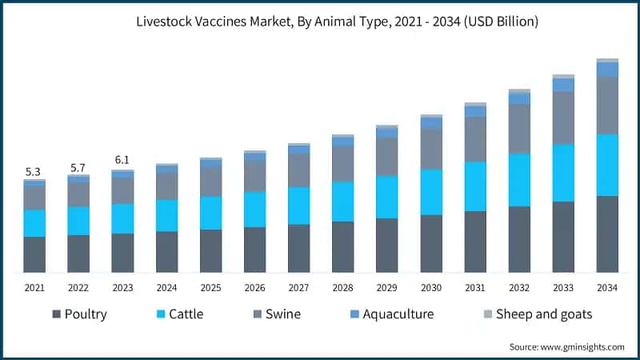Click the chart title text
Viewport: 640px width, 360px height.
coord(320,22)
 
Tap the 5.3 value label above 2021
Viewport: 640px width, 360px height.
coord(34,171)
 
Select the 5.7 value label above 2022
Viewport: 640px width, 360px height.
coord(78,167)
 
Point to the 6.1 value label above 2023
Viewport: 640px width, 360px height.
coord(122,160)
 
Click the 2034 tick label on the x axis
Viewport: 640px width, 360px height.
coord(607,287)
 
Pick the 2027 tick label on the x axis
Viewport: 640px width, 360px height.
coord(298,287)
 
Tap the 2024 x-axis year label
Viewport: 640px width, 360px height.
coord(166,287)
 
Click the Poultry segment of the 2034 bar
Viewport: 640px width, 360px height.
coord(607,234)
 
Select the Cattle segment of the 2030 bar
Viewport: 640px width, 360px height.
coord(431,192)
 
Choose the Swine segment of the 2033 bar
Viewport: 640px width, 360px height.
coord(563,118)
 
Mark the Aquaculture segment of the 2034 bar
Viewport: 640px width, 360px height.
coord(607,70)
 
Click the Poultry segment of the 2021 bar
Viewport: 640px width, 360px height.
coord(34,254)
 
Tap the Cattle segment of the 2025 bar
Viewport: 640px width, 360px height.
coord(210,213)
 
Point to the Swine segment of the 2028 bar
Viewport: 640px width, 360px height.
coord(342,164)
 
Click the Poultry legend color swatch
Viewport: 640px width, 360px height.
coord(56,314)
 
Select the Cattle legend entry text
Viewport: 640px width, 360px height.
coord(185,314)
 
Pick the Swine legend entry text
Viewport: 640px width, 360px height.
coord(282,314)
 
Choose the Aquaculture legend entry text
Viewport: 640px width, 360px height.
coord(398,314)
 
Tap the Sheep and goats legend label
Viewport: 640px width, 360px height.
coord(544,314)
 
